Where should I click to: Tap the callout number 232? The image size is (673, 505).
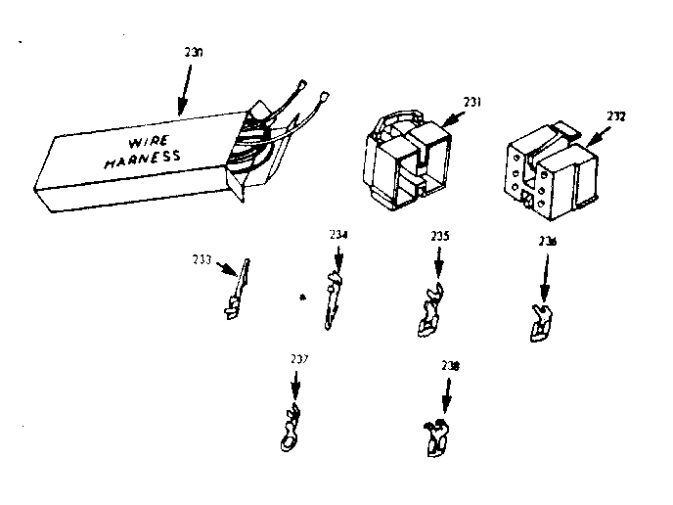pos(615,115)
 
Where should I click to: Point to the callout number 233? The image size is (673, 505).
pos(204,260)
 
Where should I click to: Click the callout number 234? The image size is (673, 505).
pos(338,235)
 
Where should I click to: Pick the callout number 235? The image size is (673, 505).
pos(439,236)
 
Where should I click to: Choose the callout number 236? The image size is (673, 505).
pos(548,241)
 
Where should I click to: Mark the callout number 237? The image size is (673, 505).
pos(298,360)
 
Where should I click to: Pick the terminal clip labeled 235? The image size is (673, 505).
pos(429,311)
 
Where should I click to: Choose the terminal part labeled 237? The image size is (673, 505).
pos(290,430)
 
